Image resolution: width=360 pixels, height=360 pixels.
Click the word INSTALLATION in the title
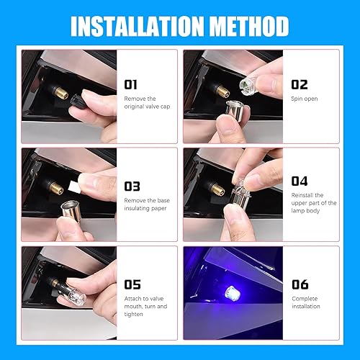(138, 25)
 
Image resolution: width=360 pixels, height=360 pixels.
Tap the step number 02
(300, 84)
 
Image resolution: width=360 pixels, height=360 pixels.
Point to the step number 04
(300, 180)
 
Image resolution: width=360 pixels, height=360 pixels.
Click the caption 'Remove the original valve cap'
(148, 102)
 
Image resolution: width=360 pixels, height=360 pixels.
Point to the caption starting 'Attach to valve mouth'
(146, 305)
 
